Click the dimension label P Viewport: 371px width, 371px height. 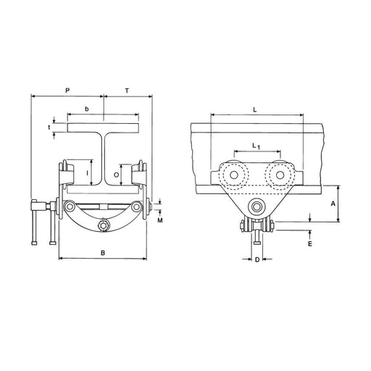(x=67, y=91)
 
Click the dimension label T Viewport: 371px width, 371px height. (x=127, y=91)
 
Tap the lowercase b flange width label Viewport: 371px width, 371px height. (x=87, y=109)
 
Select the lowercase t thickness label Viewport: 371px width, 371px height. (x=49, y=127)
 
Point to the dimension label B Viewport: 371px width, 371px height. (x=103, y=253)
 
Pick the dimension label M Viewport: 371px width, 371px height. (x=160, y=220)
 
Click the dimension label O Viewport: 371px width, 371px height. (x=116, y=175)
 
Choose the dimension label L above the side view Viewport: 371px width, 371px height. (x=255, y=110)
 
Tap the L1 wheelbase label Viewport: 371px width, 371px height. (x=256, y=146)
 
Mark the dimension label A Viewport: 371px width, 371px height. (x=333, y=204)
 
